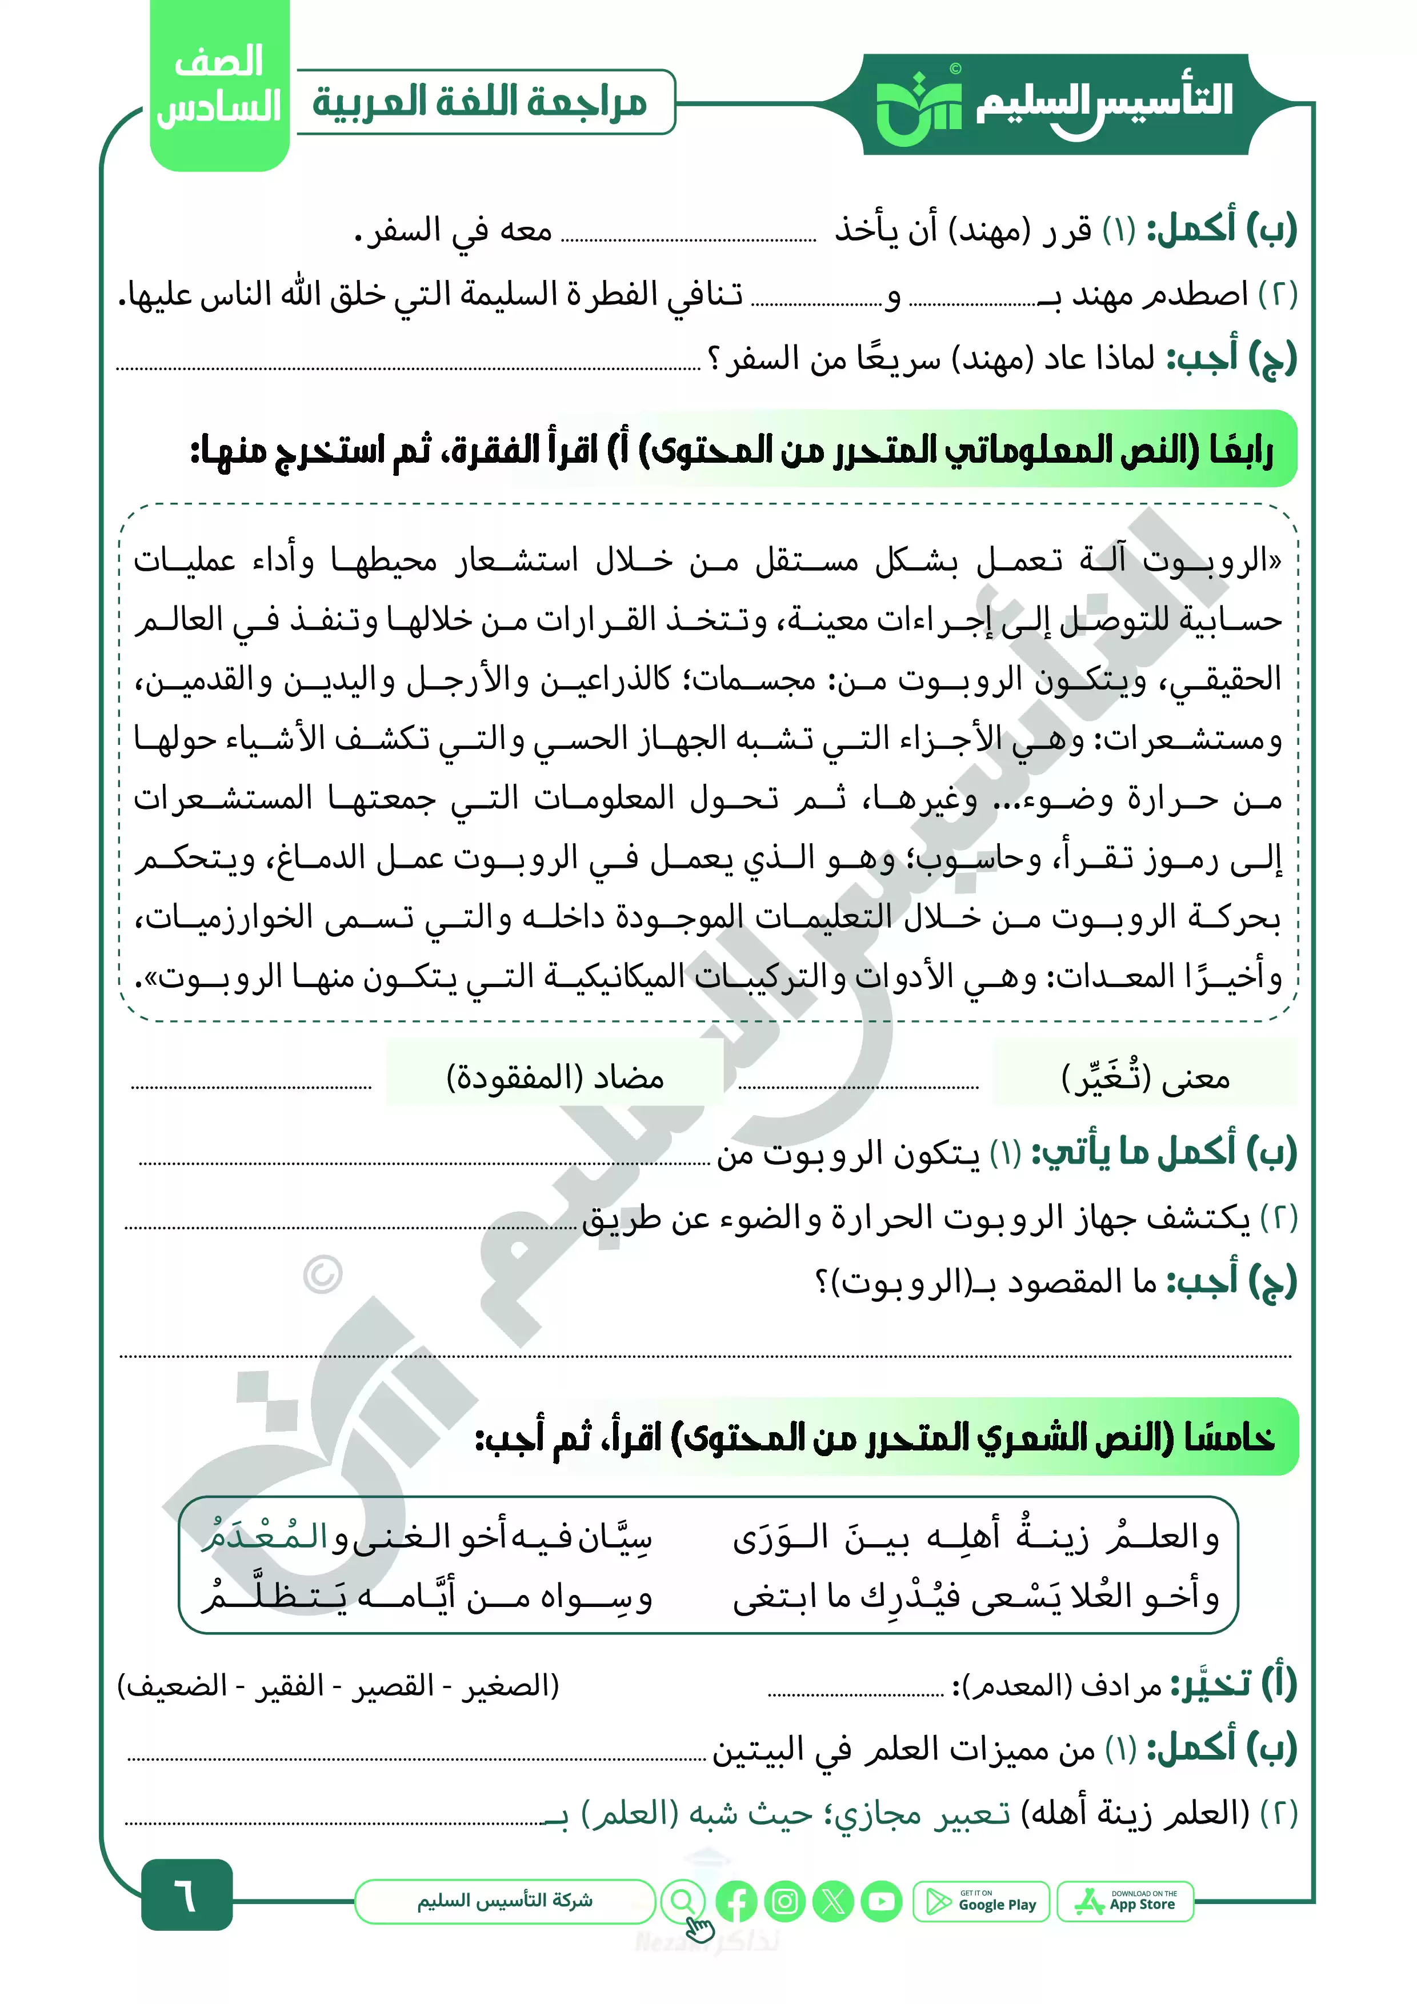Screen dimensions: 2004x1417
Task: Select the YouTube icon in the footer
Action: pos(882,1901)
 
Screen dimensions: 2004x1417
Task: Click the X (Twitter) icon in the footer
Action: pos(833,1901)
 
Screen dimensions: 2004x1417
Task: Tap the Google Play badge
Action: pos(982,1901)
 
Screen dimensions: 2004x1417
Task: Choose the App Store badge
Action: pos(1126,1901)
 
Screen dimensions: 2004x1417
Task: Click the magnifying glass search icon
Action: pos(683,1901)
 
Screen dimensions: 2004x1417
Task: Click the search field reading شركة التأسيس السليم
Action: pos(505,1901)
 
